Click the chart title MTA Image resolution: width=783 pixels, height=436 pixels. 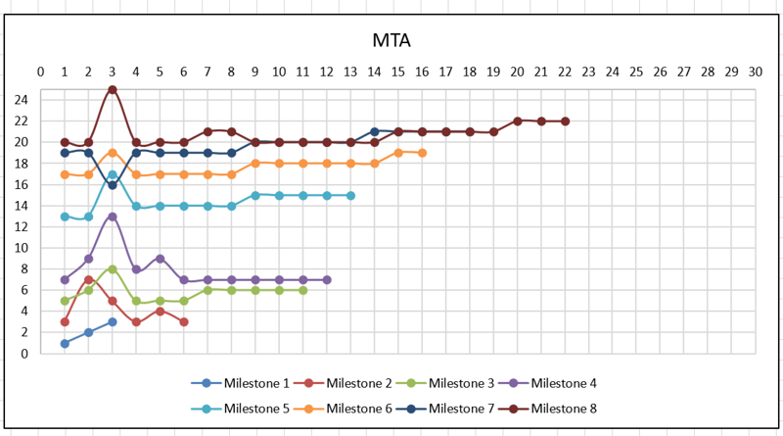click(391, 40)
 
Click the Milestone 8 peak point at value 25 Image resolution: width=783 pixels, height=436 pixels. click(113, 89)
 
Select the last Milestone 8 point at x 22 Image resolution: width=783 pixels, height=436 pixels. click(565, 121)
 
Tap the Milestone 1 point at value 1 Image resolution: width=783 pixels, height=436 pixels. click(65, 343)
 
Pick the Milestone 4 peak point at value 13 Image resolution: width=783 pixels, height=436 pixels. click(113, 217)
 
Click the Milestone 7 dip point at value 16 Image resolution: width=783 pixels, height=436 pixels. click(113, 184)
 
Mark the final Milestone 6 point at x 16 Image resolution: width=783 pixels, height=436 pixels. click(422, 153)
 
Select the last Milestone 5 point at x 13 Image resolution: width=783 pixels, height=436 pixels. click(350, 195)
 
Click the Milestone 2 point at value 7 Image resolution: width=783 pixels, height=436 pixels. click(88, 280)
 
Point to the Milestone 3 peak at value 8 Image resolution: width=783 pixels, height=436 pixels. click(113, 268)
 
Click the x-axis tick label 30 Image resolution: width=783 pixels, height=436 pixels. click(755, 72)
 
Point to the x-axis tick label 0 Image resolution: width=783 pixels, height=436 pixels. click(40, 72)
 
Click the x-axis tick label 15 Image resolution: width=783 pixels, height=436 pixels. click(398, 72)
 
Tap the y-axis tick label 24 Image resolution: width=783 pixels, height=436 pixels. click(22, 100)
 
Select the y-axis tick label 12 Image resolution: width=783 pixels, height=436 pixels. click(22, 227)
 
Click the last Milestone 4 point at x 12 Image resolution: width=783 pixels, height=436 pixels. click(327, 280)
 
